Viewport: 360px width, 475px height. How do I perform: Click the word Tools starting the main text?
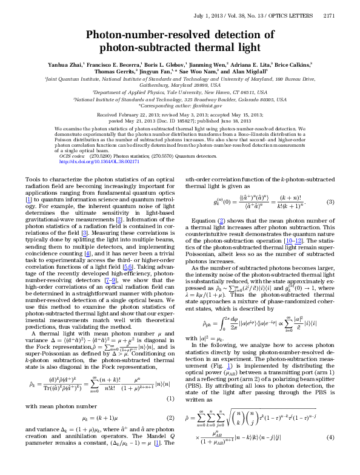click(35, 181)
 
